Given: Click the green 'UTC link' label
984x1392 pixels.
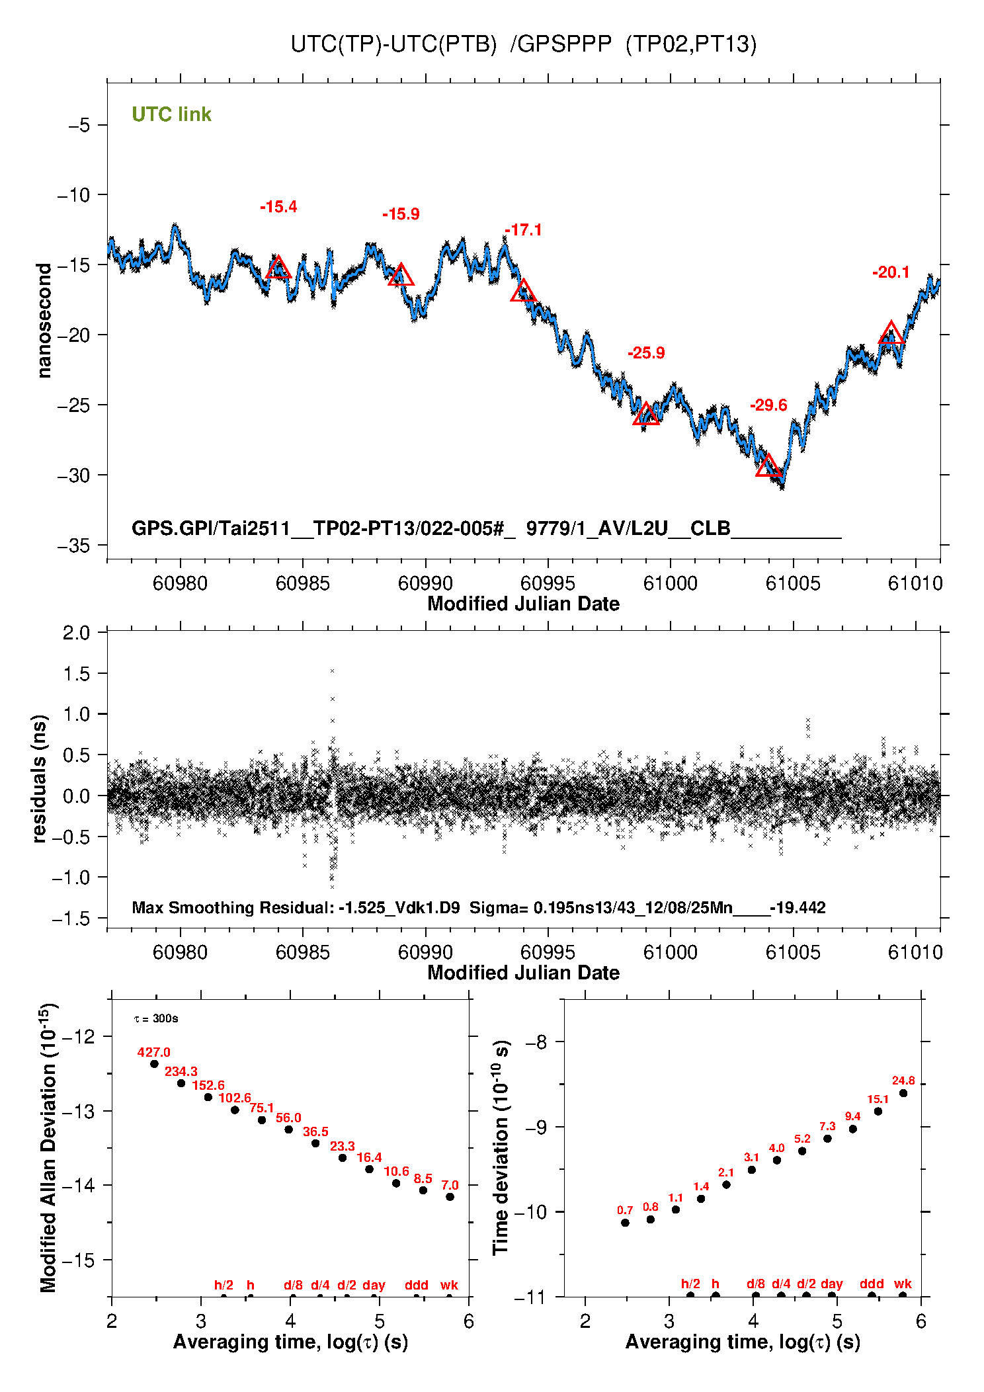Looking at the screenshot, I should pos(171,114).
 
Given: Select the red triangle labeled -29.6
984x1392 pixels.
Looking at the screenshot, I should pos(768,466).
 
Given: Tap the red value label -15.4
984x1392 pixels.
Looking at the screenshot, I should pos(278,207).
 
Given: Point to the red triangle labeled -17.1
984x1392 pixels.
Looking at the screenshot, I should pos(524,291).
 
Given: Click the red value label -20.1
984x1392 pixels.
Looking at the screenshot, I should pos(891,272).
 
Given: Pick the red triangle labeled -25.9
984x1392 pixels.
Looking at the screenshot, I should pos(646,415).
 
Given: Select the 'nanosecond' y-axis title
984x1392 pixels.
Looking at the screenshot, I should pos(44,321).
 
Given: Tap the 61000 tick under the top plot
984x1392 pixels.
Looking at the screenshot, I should pos(670,583).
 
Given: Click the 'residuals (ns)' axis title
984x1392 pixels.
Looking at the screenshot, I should pos(40,778).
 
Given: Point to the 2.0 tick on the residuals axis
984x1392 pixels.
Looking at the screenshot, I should pos(76,633).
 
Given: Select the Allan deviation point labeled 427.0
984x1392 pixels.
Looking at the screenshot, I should pos(154,1064).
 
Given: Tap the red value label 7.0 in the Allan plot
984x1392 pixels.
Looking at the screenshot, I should pos(450,1185).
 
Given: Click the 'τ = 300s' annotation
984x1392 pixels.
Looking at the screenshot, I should pos(156,1018).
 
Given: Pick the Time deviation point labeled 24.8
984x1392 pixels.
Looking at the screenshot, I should pos(903,1093).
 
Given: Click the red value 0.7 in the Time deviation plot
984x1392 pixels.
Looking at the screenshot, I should pos(625,1210).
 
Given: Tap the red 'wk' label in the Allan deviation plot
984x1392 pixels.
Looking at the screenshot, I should pos(449,1285).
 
